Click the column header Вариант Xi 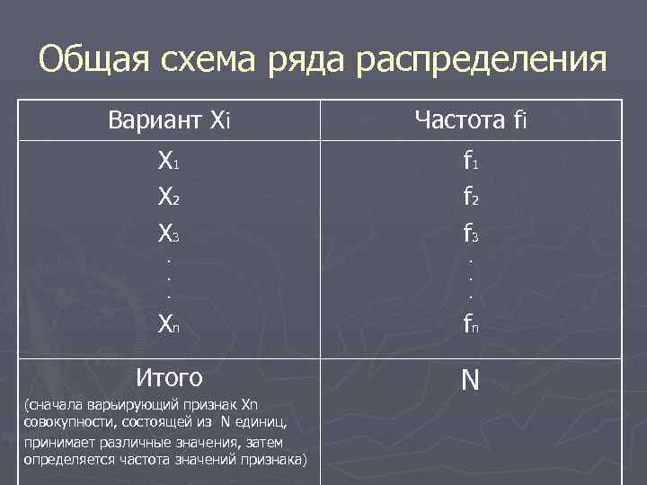tap(169, 119)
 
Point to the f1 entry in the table tap(470, 163)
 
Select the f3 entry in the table tap(470, 234)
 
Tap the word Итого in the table tap(169, 375)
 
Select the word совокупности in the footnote tap(60, 423)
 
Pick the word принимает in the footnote tap(55, 443)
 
